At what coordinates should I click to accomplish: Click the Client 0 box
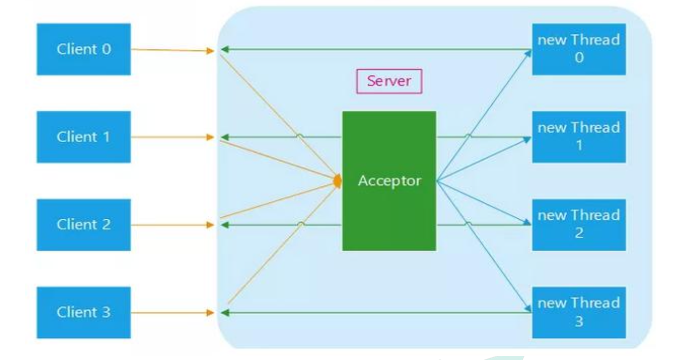pyautogui.click(x=84, y=49)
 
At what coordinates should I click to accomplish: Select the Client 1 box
pyautogui.click(x=84, y=137)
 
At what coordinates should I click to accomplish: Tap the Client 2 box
pyautogui.click(x=84, y=225)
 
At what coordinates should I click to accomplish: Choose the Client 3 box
pyautogui.click(x=84, y=312)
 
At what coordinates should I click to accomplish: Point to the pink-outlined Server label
pyautogui.click(x=389, y=81)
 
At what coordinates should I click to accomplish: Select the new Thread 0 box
pyautogui.click(x=579, y=49)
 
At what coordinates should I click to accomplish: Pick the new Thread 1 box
pyautogui.click(x=579, y=137)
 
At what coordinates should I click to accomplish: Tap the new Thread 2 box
pyautogui.click(x=579, y=225)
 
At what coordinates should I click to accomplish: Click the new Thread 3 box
pyautogui.click(x=579, y=312)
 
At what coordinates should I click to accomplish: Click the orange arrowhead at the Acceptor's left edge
pyautogui.click(x=338, y=181)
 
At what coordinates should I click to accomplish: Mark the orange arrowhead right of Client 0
pyautogui.click(x=210, y=50)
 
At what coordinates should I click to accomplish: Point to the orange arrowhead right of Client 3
pyautogui.click(x=210, y=313)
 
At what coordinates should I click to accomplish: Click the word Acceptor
pyautogui.click(x=389, y=180)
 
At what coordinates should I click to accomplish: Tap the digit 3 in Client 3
pyautogui.click(x=105, y=312)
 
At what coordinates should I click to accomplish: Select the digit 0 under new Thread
pyautogui.click(x=579, y=58)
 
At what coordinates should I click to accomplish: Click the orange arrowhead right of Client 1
pyautogui.click(x=210, y=137)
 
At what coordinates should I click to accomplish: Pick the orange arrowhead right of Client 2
pyautogui.click(x=210, y=225)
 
